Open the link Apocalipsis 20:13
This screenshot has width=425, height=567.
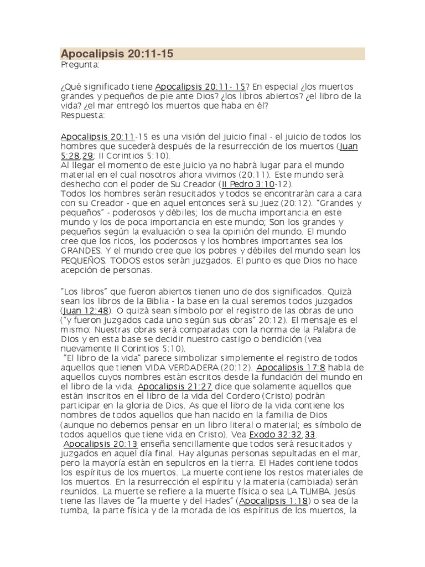[x=100, y=444]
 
